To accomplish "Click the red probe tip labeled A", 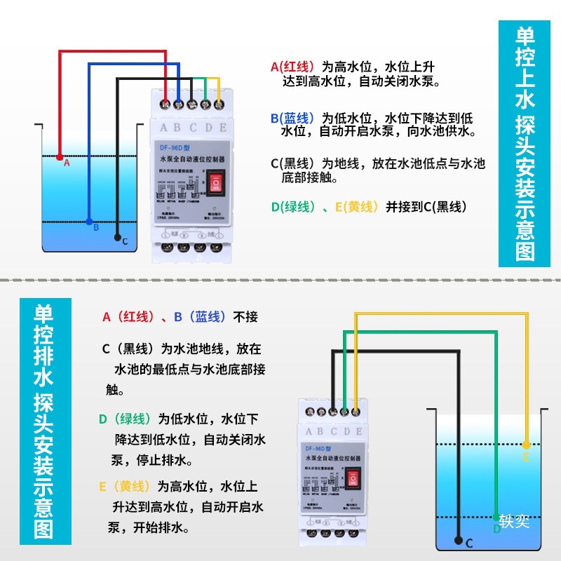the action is click(x=60, y=156).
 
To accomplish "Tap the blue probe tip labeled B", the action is click(x=89, y=222).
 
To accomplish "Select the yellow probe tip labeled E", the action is click(x=526, y=445).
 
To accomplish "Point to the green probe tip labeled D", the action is click(x=497, y=518).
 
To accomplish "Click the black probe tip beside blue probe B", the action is click(x=117, y=238).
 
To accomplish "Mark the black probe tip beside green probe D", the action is click(x=458, y=541).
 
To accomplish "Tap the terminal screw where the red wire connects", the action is click(x=166, y=104).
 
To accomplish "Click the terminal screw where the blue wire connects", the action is click(x=179, y=104).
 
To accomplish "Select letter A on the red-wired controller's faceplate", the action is click(x=164, y=128).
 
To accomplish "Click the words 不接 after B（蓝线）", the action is click(x=245, y=317).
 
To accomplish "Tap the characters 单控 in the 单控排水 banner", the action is click(x=43, y=328).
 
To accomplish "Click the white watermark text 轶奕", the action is click(x=515, y=522).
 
